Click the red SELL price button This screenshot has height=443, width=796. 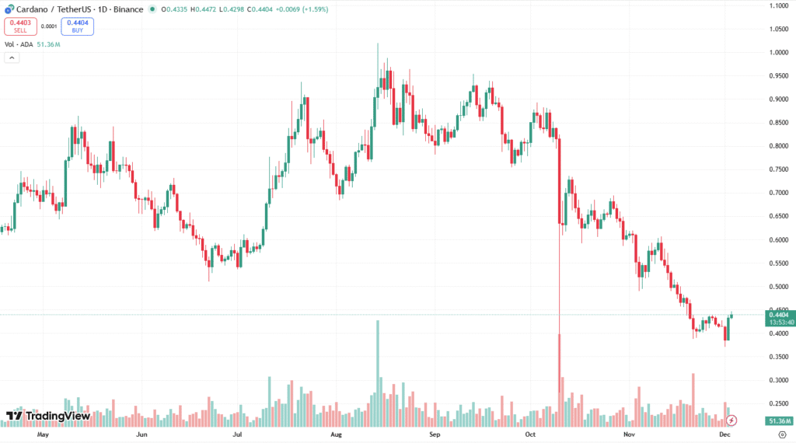pos(20,26)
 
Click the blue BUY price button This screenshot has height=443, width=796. pos(77,26)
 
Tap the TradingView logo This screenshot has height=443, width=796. pos(48,416)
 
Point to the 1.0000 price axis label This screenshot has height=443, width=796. pos(777,53)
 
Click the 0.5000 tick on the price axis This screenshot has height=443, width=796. pos(777,287)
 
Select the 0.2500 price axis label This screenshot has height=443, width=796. pos(777,403)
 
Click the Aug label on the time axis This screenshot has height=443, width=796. pos(336,435)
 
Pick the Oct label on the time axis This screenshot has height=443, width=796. pos(531,435)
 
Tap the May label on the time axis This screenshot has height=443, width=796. pos(43,435)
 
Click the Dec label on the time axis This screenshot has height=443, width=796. pos(724,435)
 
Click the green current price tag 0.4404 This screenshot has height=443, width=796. pos(777,315)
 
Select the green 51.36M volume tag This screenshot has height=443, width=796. pos(777,420)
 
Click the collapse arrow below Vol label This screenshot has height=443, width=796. pos(12,58)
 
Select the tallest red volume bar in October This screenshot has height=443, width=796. pos(559,381)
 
